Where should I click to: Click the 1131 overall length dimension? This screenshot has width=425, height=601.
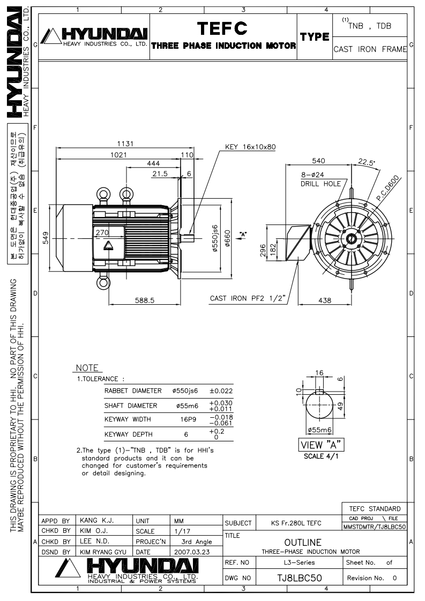point(125,144)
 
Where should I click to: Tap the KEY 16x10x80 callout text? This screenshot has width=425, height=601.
point(250,147)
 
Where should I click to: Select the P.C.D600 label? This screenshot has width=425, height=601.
point(388,188)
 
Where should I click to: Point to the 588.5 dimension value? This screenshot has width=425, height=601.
point(145,300)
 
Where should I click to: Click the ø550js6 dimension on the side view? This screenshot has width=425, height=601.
point(215,238)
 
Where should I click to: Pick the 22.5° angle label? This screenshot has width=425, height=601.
point(366,162)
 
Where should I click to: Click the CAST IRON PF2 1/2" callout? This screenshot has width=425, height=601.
point(248,298)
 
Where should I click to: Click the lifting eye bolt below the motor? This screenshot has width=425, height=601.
point(103,283)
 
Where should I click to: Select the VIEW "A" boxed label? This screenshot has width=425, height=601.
point(321,445)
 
